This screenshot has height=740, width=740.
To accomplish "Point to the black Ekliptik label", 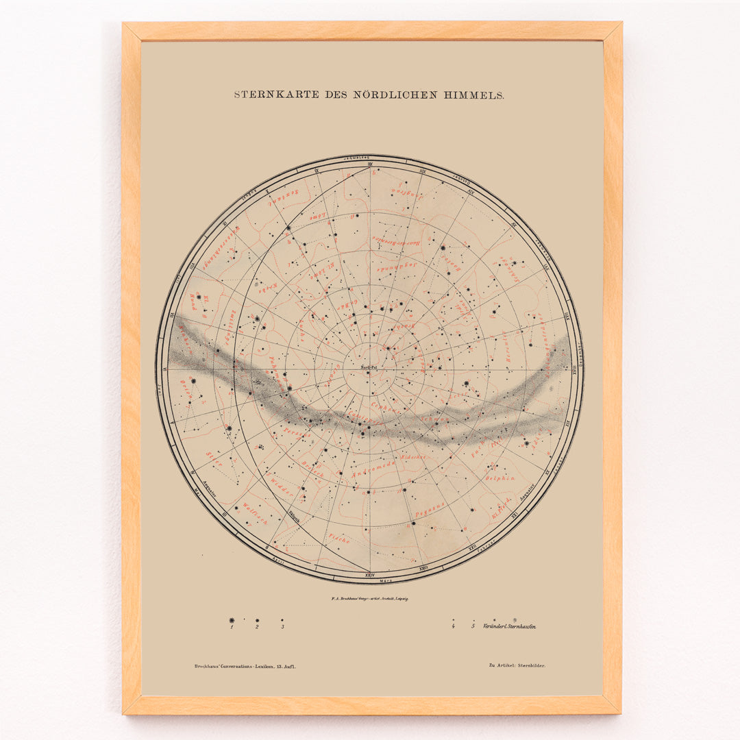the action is click(295, 521).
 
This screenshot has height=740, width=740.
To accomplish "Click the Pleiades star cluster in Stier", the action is click(261, 447).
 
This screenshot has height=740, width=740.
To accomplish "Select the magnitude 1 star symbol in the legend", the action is click(232, 621).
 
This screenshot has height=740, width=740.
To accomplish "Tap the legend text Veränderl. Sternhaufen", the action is click(509, 626).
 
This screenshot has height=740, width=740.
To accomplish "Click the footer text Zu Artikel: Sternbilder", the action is click(517, 665).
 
